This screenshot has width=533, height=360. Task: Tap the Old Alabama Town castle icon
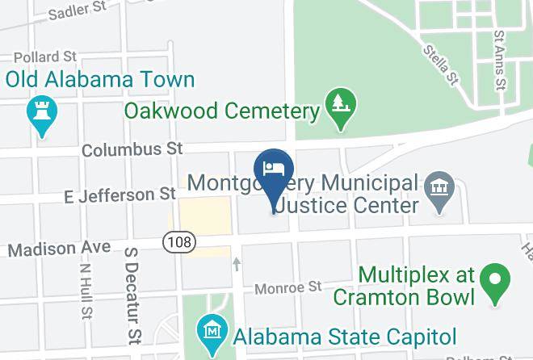click(40, 113)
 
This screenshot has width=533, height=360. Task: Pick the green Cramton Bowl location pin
click(494, 282)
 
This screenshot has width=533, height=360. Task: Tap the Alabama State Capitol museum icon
click(212, 330)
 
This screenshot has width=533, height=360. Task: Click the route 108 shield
click(175, 241)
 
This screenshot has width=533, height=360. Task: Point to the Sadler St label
click(78, 10)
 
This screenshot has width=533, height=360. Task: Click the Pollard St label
click(45, 57)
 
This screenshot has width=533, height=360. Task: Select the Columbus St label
click(132, 149)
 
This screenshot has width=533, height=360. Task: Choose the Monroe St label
click(288, 287)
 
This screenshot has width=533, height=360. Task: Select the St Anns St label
click(500, 61)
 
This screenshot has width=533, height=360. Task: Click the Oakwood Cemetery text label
click(222, 110)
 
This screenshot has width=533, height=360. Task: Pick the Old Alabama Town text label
click(101, 80)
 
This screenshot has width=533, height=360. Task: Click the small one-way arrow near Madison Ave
click(237, 263)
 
